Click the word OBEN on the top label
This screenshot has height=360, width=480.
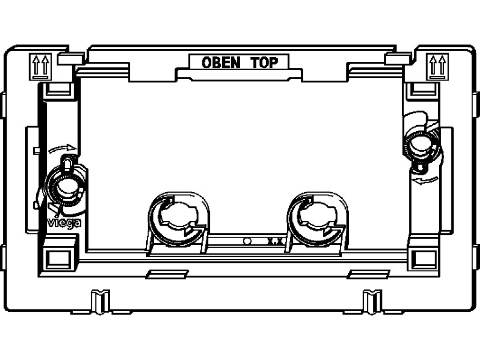(x=221, y=63)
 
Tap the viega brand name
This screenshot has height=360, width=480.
(x=64, y=223)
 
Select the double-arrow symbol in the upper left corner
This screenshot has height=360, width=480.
(x=39, y=65)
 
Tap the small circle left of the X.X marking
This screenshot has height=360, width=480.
(x=247, y=241)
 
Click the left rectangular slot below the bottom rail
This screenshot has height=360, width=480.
(x=166, y=274)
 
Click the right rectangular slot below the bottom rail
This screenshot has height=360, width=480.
(x=368, y=274)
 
